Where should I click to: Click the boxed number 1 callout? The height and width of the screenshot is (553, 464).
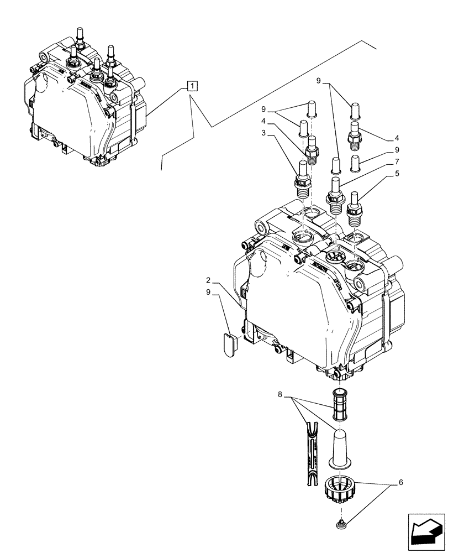(x=191, y=86)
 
